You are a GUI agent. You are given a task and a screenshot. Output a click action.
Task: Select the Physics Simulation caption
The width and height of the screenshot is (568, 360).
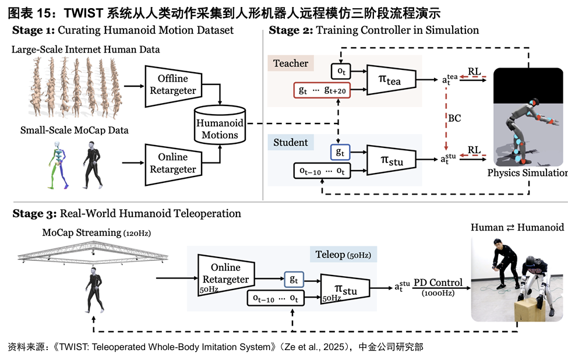(527, 173)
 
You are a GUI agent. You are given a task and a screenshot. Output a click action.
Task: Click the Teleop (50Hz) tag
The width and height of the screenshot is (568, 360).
(346, 255)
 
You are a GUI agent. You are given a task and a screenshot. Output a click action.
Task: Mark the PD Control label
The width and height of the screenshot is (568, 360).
(438, 283)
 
